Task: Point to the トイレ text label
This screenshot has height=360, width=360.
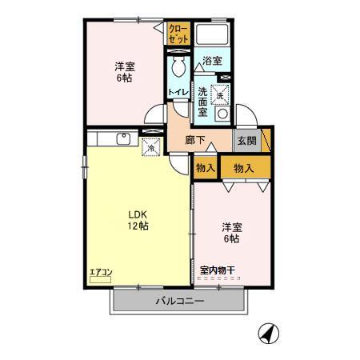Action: (177, 93)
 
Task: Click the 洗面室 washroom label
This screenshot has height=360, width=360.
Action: (203, 101)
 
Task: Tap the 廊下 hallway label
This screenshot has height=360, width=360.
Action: (195, 140)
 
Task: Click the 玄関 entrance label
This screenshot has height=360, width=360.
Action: (245, 140)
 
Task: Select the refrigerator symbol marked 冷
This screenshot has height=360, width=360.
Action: (149, 146)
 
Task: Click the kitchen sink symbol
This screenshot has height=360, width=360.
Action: (123, 139)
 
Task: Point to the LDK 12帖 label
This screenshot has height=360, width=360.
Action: (136, 219)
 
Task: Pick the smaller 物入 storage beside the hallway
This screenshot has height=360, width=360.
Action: (205, 167)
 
